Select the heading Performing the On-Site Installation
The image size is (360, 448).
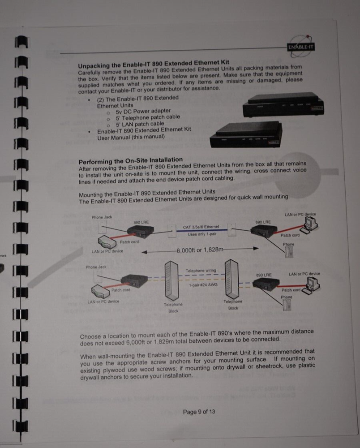pyautogui.click(x=131, y=160)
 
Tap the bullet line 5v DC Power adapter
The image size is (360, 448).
pyautogui.click(x=143, y=111)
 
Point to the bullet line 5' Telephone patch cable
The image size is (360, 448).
pyautogui.click(x=148, y=117)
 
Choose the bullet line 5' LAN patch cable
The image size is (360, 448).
pyautogui.click(x=140, y=123)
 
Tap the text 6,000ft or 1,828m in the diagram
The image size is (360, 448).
pyautogui.click(x=200, y=250)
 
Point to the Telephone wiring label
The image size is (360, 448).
pyautogui.click(x=201, y=271)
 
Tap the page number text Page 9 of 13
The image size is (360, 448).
pyautogui.click(x=199, y=411)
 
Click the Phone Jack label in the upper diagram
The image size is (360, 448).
pyautogui.click(x=102, y=217)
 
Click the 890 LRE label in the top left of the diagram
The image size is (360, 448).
pyautogui.click(x=141, y=222)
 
